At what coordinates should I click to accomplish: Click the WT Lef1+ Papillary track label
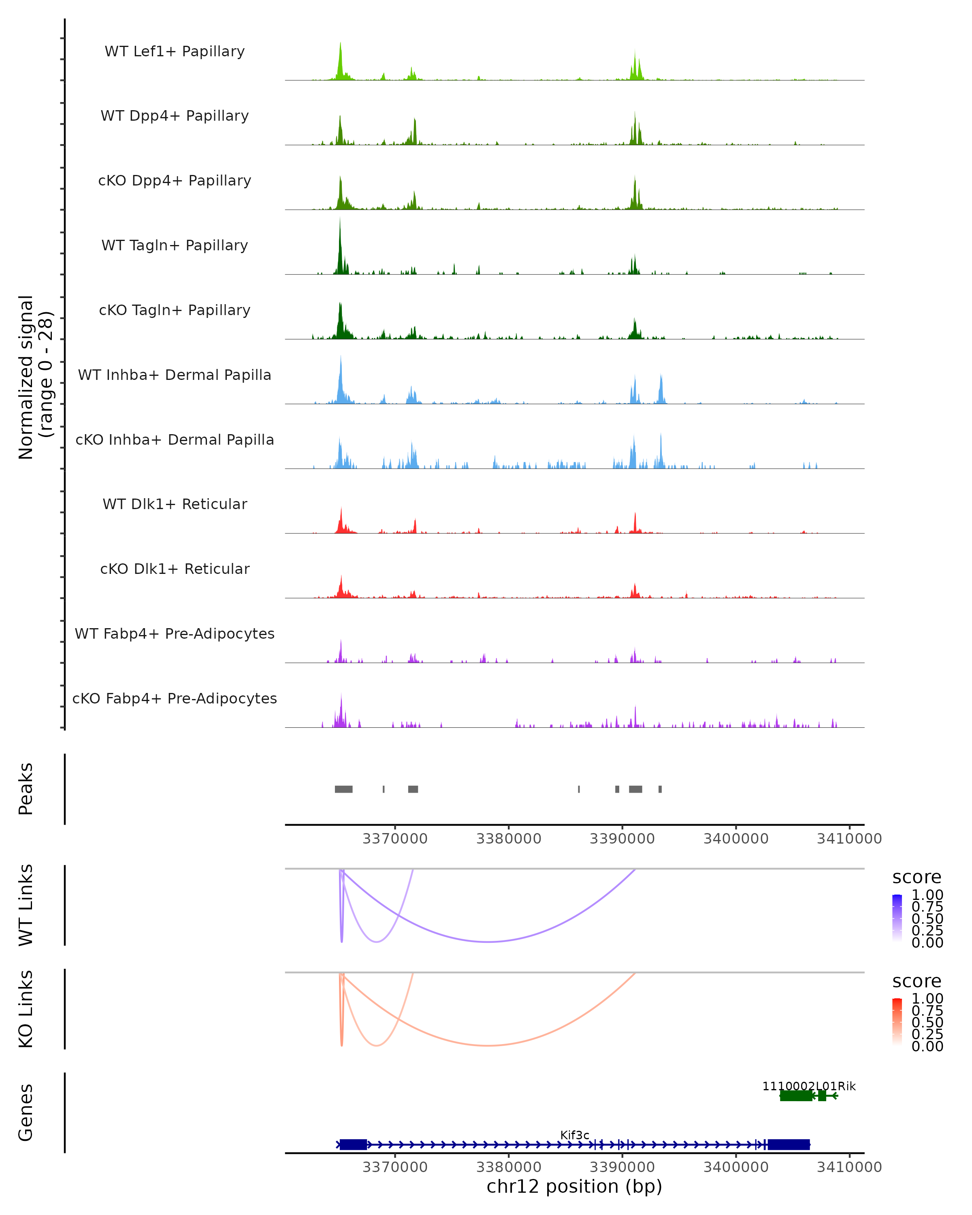tap(175, 51)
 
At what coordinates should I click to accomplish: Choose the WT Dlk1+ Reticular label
tap(175, 504)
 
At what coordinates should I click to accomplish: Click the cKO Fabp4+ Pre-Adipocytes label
tap(175, 698)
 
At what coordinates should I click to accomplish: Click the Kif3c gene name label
tap(575, 1135)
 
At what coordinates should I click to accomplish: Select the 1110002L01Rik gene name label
tap(809, 1086)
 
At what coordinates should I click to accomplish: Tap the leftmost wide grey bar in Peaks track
tap(344, 789)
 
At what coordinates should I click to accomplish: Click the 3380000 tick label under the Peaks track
tap(508, 839)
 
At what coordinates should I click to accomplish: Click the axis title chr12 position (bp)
tap(574, 1186)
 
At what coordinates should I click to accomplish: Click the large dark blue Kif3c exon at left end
tap(353, 1144)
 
